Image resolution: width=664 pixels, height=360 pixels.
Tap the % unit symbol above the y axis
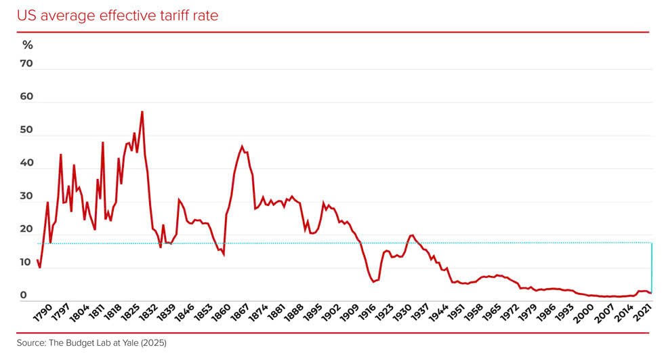(x=27, y=45)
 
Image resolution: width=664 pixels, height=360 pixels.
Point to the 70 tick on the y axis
(x=27, y=64)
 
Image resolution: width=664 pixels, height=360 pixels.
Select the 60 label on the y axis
(x=27, y=97)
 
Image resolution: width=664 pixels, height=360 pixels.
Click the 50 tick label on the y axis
(x=27, y=130)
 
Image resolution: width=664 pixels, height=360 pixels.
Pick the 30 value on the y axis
(x=27, y=196)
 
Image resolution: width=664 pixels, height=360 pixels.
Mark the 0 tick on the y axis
(x=23, y=296)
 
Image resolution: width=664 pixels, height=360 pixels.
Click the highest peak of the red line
(x=142, y=112)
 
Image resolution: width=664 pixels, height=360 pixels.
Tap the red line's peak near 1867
(x=242, y=146)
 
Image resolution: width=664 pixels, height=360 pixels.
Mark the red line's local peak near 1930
(x=411, y=235)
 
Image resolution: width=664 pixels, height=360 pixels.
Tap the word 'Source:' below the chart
(x=31, y=343)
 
